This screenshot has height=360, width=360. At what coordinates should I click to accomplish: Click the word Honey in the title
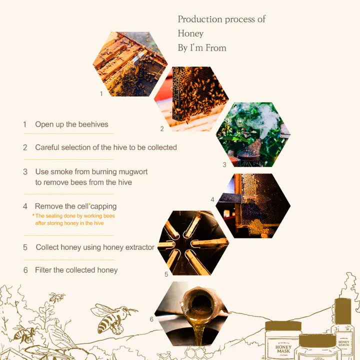pyautogui.click(x=190, y=33)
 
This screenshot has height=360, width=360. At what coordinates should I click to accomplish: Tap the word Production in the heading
pyautogui.click(x=199, y=19)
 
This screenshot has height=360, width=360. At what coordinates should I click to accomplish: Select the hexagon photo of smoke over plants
pyautogui.click(x=253, y=134)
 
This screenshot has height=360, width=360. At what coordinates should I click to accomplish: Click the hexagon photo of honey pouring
pyautogui.click(x=191, y=313)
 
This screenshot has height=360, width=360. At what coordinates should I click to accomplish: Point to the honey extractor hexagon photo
pyautogui.click(x=193, y=243)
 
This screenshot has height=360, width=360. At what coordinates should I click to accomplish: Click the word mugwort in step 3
pyautogui.click(x=133, y=172)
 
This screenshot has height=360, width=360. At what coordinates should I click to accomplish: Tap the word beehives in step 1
pyautogui.click(x=93, y=124)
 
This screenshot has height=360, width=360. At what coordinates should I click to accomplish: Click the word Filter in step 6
pyautogui.click(x=43, y=270)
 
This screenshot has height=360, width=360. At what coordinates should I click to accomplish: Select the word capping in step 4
pyautogui.click(x=103, y=206)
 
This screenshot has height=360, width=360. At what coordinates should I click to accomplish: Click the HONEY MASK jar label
pyautogui.click(x=283, y=349)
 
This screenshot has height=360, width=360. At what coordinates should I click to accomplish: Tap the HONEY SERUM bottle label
pyautogui.click(x=343, y=343)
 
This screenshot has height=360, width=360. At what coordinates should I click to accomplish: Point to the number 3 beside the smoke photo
pyautogui.click(x=224, y=164)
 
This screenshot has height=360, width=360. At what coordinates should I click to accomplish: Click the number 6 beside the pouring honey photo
pyautogui.click(x=151, y=319)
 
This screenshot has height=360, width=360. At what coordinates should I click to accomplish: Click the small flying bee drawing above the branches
pyautogui.click(x=56, y=297)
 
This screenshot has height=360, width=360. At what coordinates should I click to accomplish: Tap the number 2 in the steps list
pyautogui.click(x=25, y=147)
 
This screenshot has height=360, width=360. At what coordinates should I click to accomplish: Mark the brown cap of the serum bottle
pyautogui.click(x=343, y=311)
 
